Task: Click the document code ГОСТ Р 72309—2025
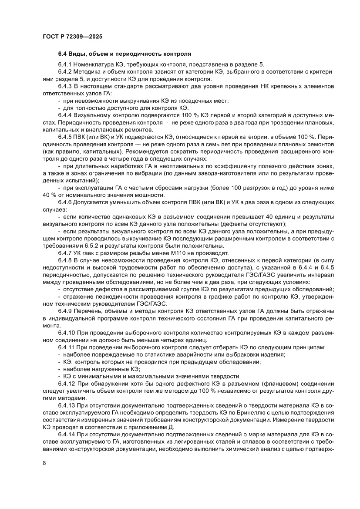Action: [x=73, y=37]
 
